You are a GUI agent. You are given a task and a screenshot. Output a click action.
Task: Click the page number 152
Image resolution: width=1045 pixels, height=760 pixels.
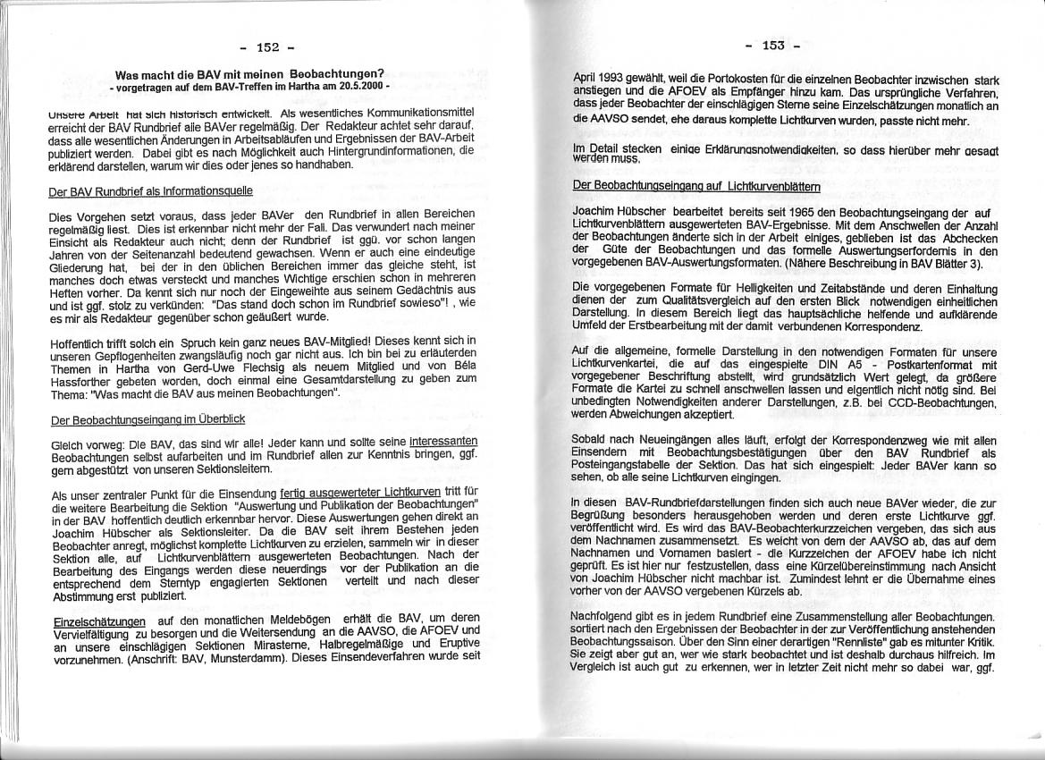[x=267, y=46]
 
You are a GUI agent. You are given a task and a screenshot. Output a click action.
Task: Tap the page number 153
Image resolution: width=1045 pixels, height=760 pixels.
[x=773, y=46]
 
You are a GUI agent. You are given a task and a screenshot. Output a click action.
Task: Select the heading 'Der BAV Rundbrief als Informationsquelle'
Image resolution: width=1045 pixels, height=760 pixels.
[x=150, y=191]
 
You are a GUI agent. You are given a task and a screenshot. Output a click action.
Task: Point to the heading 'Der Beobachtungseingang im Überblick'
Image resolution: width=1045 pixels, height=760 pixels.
[x=147, y=419]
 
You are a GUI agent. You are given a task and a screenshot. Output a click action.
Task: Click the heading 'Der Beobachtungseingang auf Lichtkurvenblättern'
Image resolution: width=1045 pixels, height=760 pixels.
[x=696, y=186]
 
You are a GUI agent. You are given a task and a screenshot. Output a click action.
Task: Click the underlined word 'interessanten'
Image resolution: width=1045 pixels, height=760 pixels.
[x=442, y=442]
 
